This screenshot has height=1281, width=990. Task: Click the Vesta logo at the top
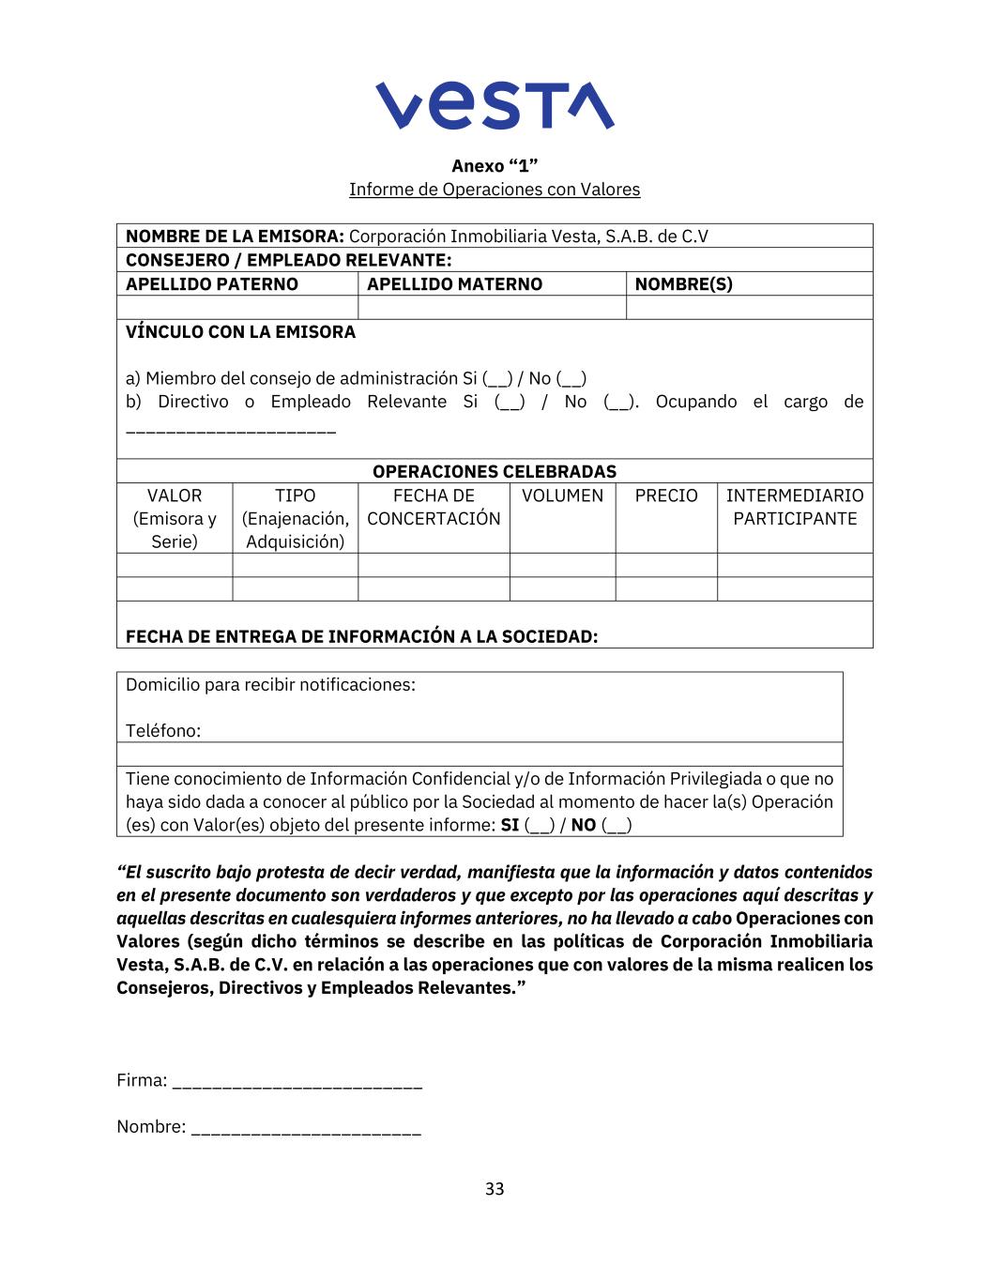495,105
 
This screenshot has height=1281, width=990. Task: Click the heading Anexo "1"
495,166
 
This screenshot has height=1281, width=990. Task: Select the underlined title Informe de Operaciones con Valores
495,190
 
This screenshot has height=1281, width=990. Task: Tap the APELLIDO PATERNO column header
212,284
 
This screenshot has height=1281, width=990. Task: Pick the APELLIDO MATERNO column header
454,284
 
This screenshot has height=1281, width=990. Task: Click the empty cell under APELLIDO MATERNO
492,308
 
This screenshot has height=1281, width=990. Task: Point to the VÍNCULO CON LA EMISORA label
240,332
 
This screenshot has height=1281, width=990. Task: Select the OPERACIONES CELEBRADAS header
495,472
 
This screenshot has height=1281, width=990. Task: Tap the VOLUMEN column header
562,496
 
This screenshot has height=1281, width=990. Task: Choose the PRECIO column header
666,496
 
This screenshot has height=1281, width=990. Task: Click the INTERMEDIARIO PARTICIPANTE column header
795,507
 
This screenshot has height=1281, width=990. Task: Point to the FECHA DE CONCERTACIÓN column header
434,507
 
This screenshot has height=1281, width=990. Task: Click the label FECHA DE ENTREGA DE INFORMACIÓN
361,636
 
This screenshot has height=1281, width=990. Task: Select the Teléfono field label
163,731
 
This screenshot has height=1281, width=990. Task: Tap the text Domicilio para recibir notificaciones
270,685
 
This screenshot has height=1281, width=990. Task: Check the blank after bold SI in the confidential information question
540,827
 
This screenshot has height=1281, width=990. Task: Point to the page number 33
495,1189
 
